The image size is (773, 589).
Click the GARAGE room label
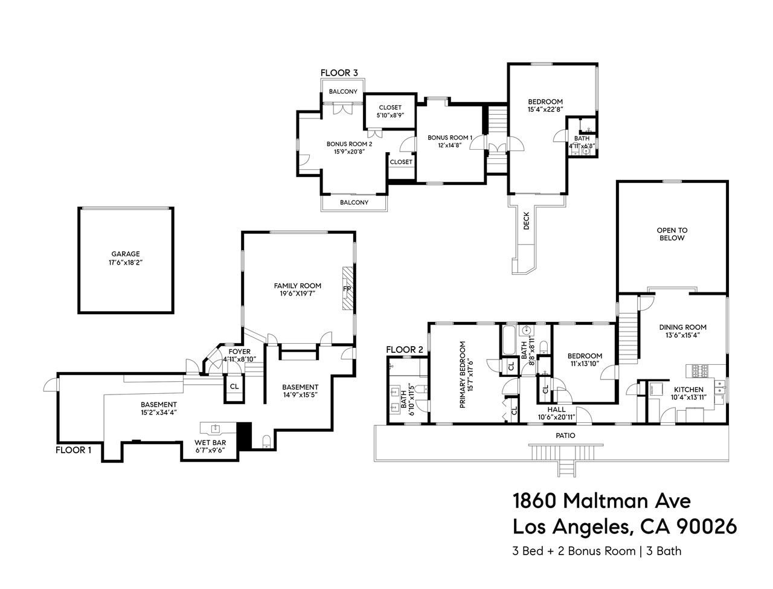126,254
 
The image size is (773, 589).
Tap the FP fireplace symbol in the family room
347,289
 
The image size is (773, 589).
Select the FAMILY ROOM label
297,286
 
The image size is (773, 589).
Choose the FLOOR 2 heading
405,350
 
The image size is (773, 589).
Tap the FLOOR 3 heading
339,73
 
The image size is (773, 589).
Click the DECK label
526,221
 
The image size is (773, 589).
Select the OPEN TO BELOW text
672,234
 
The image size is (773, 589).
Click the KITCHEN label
688,390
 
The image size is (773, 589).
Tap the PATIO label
565,436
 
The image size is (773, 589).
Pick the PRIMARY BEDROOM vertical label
463,375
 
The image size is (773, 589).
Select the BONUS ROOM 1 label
450,138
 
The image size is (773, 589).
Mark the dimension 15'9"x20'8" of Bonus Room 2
349,152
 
